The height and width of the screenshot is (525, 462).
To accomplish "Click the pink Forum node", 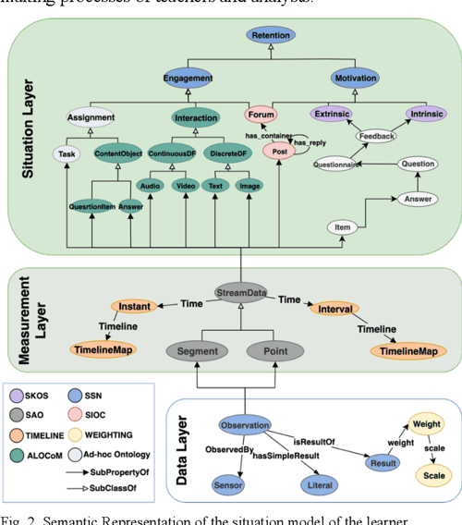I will [262, 116].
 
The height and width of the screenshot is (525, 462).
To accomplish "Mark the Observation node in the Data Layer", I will [245, 426].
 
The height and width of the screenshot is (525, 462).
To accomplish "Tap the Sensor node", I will [228, 484].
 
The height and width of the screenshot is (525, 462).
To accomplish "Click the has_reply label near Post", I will [311, 143].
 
